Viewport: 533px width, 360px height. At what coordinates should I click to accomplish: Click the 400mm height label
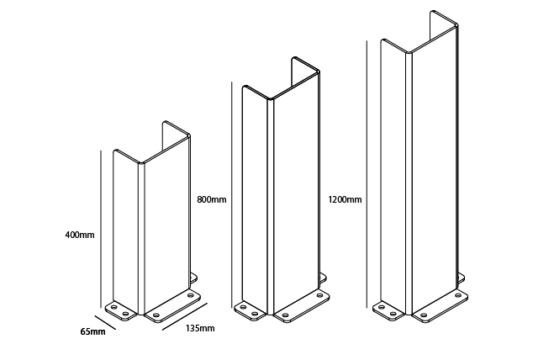pyautogui.click(x=80, y=235)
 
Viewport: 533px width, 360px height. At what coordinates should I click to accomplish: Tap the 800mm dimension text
pyautogui.click(x=211, y=199)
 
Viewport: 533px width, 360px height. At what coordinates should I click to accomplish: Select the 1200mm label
pyautogui.click(x=345, y=199)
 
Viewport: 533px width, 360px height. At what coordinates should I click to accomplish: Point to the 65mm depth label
pyautogui.click(x=92, y=331)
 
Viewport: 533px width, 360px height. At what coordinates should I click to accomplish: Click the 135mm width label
pyautogui.click(x=200, y=328)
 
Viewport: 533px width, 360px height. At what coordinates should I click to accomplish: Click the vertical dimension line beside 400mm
pyautogui.click(x=101, y=229)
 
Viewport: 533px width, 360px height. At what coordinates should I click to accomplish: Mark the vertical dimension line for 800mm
pyautogui.click(x=231, y=195)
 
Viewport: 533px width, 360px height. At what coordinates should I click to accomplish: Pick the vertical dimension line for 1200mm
pyautogui.click(x=367, y=174)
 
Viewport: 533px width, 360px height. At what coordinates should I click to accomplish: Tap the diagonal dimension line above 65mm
pyautogui.click(x=105, y=322)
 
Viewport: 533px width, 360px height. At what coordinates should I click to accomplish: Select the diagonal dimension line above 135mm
pyautogui.click(x=185, y=316)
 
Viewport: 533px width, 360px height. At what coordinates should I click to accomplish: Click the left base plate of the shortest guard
pyautogui.click(x=121, y=310)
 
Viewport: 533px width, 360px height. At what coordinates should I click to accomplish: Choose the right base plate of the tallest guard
pyautogui.click(x=440, y=305)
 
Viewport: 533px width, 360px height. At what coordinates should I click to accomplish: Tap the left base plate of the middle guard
pyautogui.click(x=251, y=310)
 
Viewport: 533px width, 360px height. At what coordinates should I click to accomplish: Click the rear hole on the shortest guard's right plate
pyautogui.click(x=190, y=294)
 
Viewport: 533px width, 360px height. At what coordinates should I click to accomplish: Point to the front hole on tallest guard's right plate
pyautogui.click(x=424, y=315)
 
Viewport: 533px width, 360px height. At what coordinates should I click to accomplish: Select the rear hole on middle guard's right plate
pyautogui.click(x=319, y=294)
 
